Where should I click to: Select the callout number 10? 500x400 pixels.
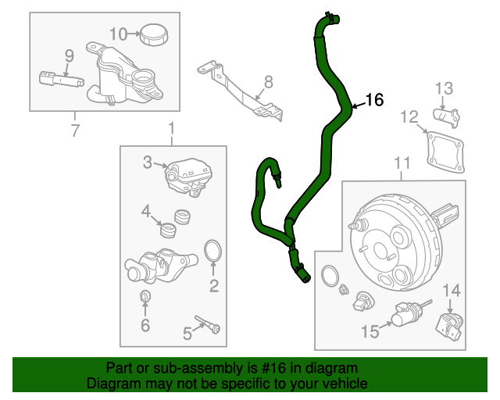pyautogui.click(x=118, y=34)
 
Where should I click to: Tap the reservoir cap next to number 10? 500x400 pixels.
pyautogui.click(x=150, y=34)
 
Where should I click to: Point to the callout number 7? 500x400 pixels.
pyautogui.click(x=75, y=130)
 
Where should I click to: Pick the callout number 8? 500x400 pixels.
pyautogui.click(x=268, y=80)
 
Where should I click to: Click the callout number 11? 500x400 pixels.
pyautogui.click(x=402, y=162)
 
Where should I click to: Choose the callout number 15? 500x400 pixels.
pyautogui.click(x=371, y=332)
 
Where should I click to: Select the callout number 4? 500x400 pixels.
pyautogui.click(x=146, y=211)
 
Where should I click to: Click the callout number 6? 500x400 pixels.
pyautogui.click(x=145, y=325)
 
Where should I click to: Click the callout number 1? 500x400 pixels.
pyautogui.click(x=172, y=128)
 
